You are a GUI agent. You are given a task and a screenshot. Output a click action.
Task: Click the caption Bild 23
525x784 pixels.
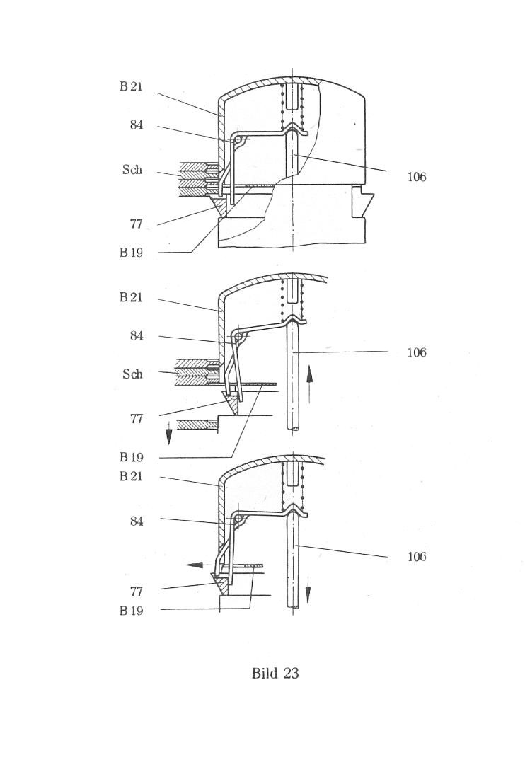(275, 673)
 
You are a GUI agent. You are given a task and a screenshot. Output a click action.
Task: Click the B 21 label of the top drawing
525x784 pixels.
(131, 86)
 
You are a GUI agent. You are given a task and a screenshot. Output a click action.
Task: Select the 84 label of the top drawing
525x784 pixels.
(137, 125)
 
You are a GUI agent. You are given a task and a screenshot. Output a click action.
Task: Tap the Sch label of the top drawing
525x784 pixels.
(132, 170)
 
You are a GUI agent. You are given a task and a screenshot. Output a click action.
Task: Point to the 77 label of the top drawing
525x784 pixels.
(137, 224)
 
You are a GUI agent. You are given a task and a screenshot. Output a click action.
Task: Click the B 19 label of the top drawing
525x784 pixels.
(131, 253)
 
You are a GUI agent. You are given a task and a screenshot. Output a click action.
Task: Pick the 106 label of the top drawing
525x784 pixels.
(417, 177)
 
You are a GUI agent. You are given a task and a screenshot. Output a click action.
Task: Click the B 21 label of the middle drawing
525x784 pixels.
(131, 297)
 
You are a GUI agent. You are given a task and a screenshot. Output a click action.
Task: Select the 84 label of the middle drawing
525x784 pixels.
(137, 336)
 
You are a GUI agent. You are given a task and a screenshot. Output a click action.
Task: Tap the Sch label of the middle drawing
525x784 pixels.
(132, 374)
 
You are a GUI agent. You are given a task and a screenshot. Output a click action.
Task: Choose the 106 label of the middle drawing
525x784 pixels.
(417, 352)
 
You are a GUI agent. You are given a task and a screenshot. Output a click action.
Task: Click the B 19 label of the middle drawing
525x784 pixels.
(131, 457)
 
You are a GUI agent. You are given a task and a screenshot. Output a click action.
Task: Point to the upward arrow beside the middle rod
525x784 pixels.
(309, 384)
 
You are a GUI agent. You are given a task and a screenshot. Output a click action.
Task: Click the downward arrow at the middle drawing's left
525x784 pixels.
(169, 433)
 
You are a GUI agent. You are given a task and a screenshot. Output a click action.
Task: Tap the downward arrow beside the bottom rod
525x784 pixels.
(308, 589)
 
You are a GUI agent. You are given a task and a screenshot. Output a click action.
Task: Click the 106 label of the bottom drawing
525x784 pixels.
(417, 556)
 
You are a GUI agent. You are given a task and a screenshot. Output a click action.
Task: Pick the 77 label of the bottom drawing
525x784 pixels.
(137, 592)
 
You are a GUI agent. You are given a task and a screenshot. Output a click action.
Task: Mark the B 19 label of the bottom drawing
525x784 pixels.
(131, 611)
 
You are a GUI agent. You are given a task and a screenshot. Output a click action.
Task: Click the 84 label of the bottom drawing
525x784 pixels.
(137, 521)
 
